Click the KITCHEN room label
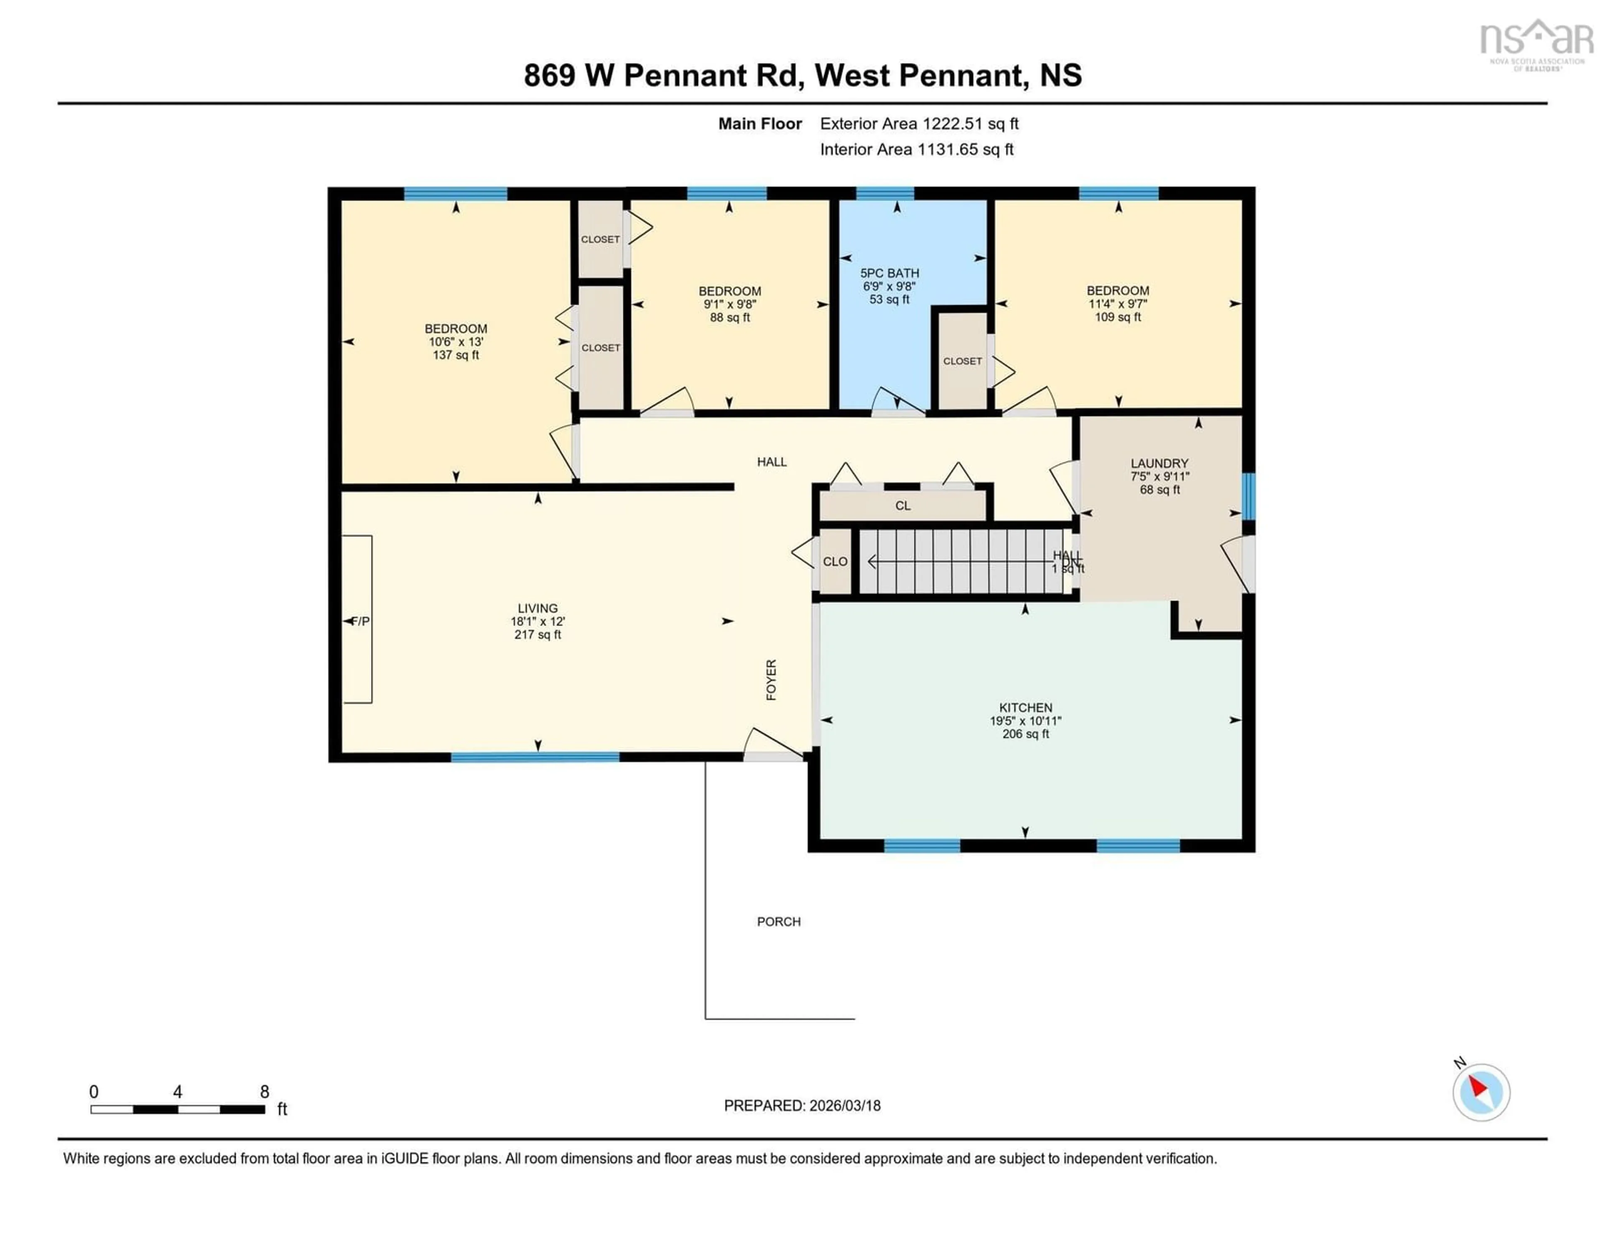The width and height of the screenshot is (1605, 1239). pyautogui.click(x=1025, y=707)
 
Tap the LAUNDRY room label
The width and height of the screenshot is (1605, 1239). pyautogui.click(x=1159, y=463)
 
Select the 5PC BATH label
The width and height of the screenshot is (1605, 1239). pyautogui.click(x=889, y=273)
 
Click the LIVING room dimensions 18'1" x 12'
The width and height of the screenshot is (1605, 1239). pyautogui.click(x=537, y=621)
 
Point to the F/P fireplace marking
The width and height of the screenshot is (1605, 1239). pyautogui.click(x=360, y=621)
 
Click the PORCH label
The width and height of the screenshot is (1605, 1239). pyautogui.click(x=778, y=922)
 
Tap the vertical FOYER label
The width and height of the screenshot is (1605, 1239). pyautogui.click(x=771, y=679)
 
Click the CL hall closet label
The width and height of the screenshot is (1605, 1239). pyautogui.click(x=902, y=506)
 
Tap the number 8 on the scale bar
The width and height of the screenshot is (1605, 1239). pyautogui.click(x=265, y=1092)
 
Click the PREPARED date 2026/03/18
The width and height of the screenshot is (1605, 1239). pyautogui.click(x=802, y=1105)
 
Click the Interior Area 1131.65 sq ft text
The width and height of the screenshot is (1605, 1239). pyautogui.click(x=917, y=150)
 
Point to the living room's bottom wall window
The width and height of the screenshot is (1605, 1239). pyautogui.click(x=535, y=757)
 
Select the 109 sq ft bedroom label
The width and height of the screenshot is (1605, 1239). pyautogui.click(x=1117, y=317)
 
